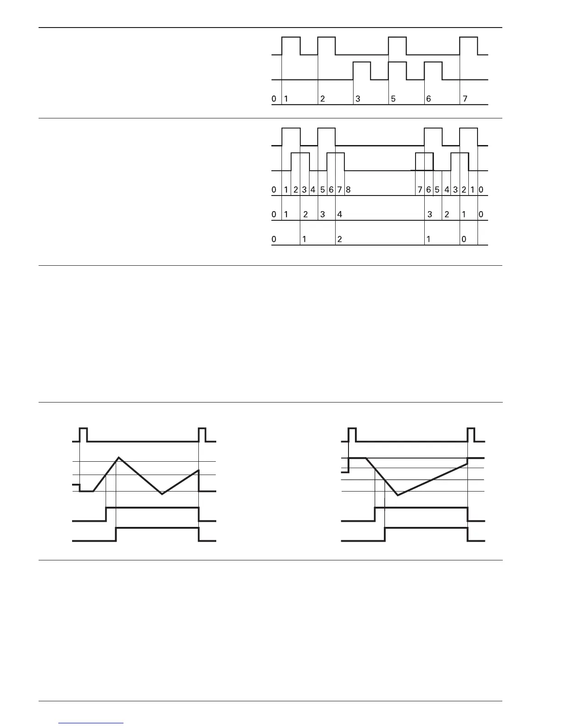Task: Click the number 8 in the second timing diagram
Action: pyautogui.click(x=348, y=190)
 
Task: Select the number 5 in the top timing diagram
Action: pyautogui.click(x=393, y=99)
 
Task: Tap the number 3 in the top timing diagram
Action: pyautogui.click(x=358, y=99)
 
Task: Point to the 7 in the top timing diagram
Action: pyautogui.click(x=465, y=99)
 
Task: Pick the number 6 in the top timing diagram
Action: pyautogui.click(x=428, y=99)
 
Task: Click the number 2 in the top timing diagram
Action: pyautogui.click(x=323, y=99)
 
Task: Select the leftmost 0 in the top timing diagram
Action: pyautogui.click(x=274, y=99)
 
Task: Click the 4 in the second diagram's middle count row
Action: pyautogui.click(x=340, y=214)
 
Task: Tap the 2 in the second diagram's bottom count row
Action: pyautogui.click(x=339, y=239)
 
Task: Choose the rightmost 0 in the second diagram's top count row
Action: pyautogui.click(x=481, y=190)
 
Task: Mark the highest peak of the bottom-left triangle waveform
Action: pyautogui.click(x=119, y=458)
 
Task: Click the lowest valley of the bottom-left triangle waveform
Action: pyautogui.click(x=162, y=494)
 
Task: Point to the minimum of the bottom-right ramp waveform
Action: pyautogui.click(x=398, y=495)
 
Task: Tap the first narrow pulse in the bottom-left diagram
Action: pyautogui.click(x=83, y=434)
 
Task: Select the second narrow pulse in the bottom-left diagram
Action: pyautogui.click(x=202, y=434)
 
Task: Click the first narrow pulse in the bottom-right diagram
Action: pyautogui.click(x=352, y=434)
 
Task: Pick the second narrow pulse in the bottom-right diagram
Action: pyautogui.click(x=471, y=434)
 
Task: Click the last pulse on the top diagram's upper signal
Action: pyautogui.click(x=469, y=45)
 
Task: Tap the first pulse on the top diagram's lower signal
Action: pyautogui.click(x=362, y=71)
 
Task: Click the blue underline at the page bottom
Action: pyautogui.click(x=91, y=723)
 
